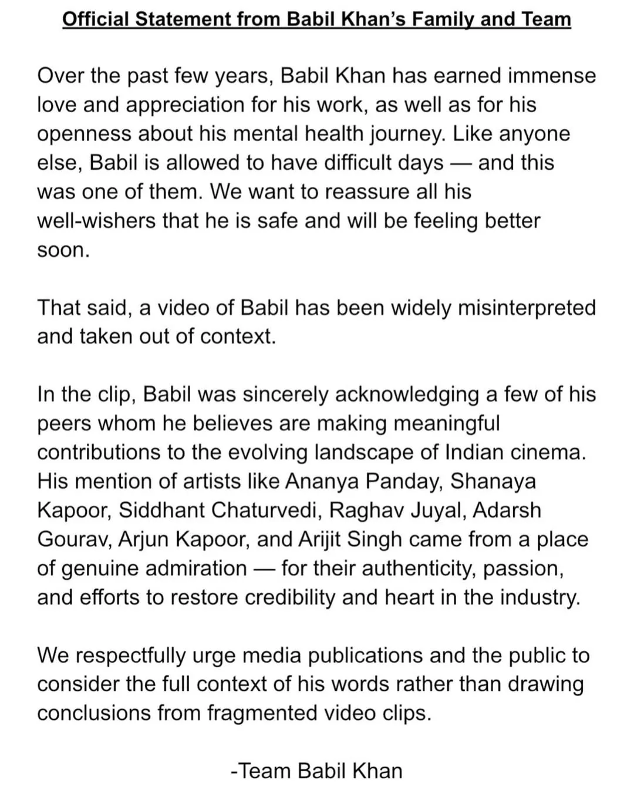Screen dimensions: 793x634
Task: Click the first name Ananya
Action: pyautogui.click(x=322, y=481)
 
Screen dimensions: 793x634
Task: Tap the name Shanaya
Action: pyautogui.click(x=493, y=481)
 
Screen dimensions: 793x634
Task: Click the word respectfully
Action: pyautogui.click(x=136, y=656)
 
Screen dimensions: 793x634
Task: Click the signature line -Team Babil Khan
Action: pyautogui.click(x=317, y=771)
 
